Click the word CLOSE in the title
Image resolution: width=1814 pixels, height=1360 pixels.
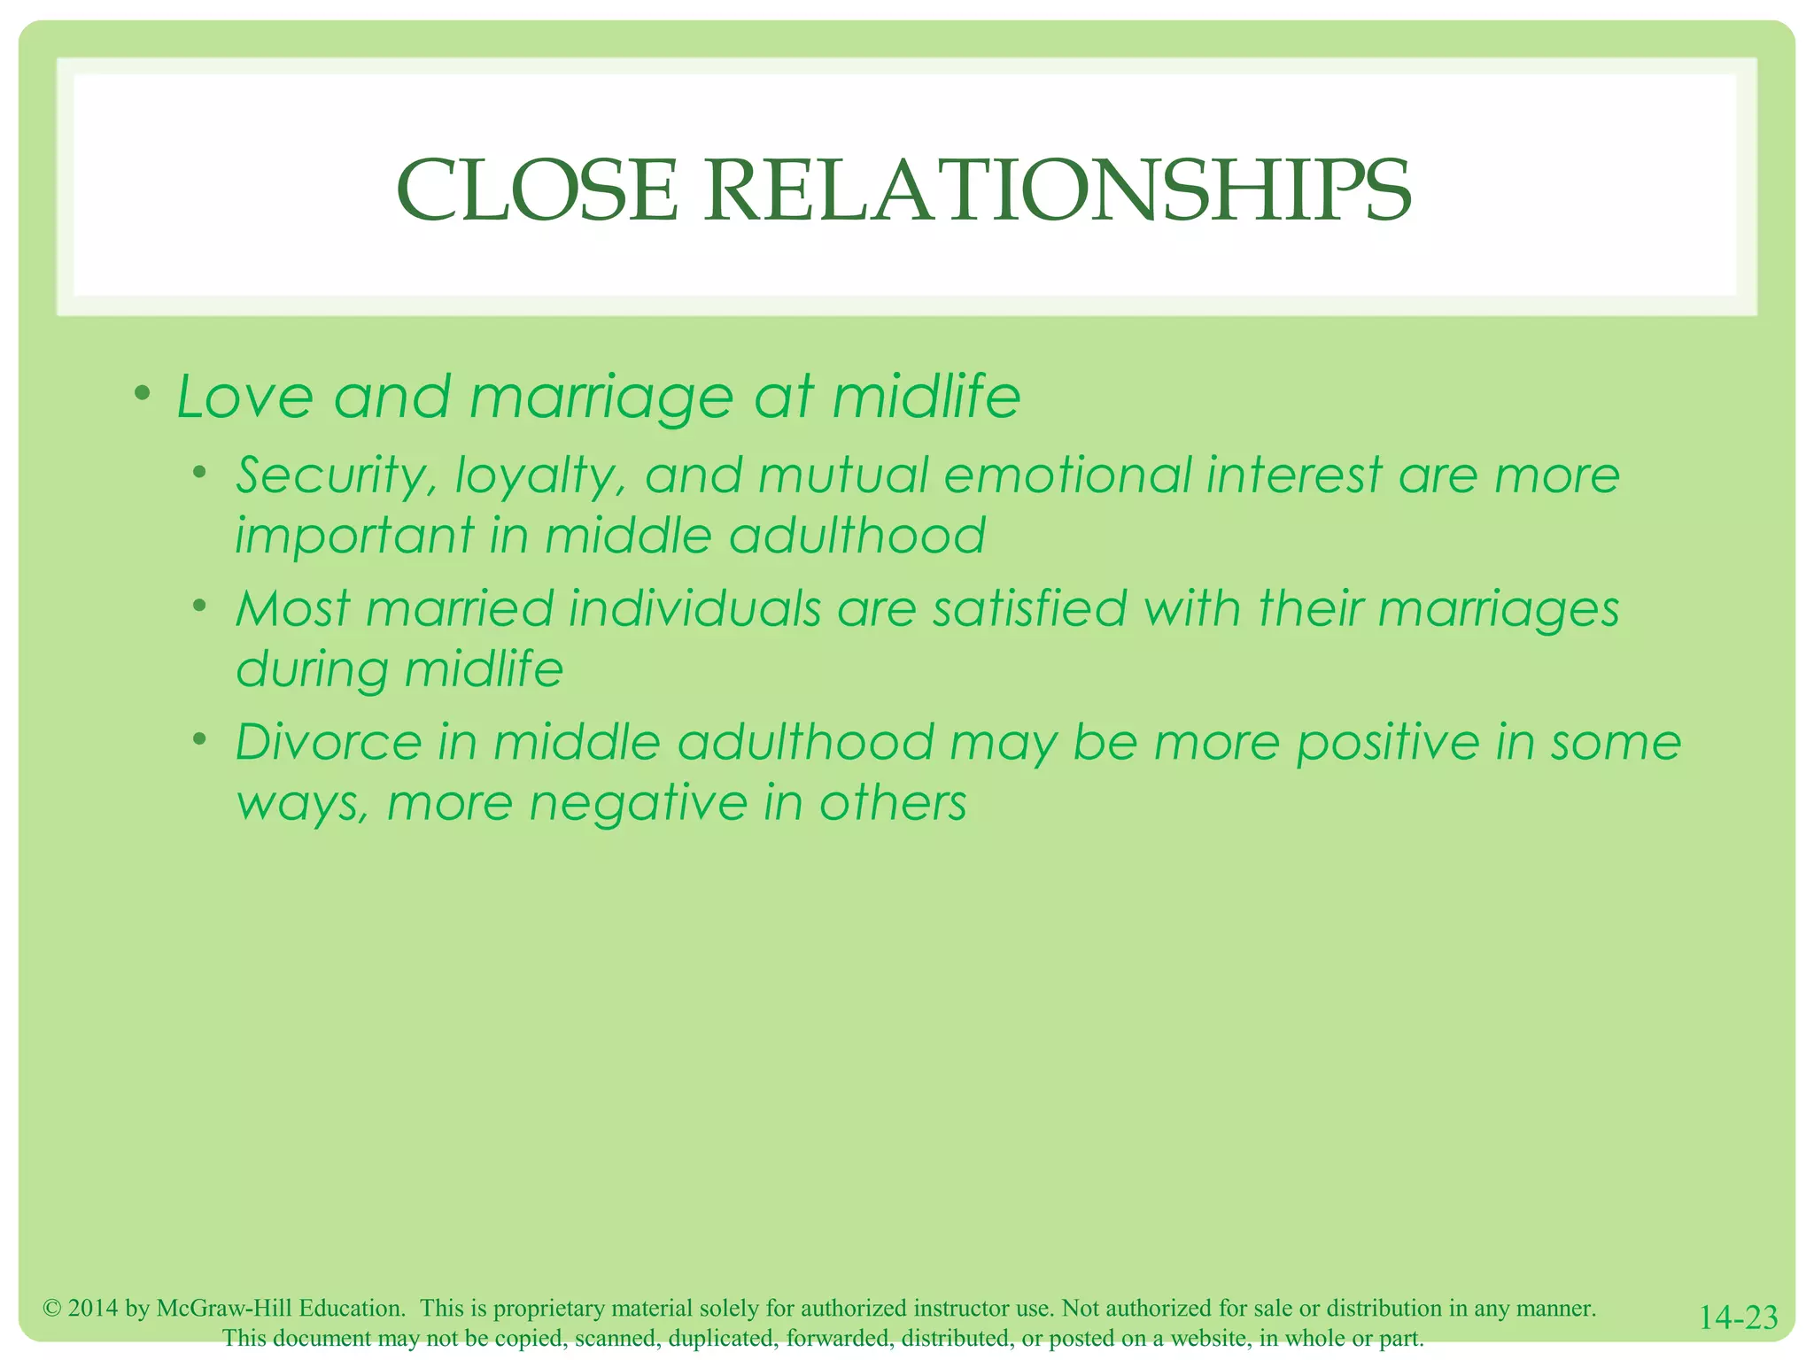click(x=537, y=191)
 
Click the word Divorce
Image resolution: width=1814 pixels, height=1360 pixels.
click(x=329, y=742)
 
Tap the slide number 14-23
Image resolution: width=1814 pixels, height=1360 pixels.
click(x=1738, y=1317)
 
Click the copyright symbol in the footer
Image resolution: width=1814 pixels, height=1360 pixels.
click(x=52, y=1308)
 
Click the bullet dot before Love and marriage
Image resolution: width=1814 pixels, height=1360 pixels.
click(x=142, y=393)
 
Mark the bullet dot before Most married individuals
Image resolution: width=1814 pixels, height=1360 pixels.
click(x=201, y=607)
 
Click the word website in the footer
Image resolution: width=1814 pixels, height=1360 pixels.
click(x=1209, y=1338)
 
